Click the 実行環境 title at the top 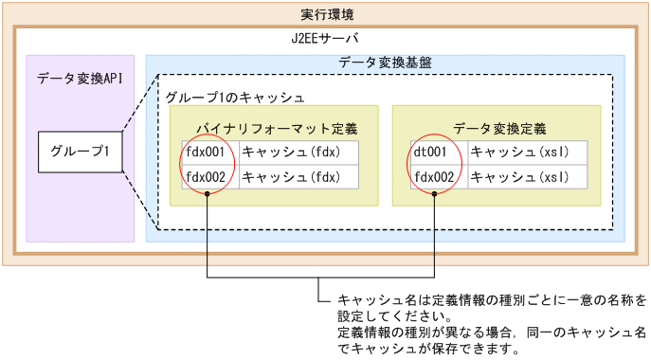click(325, 15)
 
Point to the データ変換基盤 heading click(386, 63)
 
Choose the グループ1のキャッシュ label click(234, 97)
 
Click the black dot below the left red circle click(207, 195)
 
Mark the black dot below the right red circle click(434, 195)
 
